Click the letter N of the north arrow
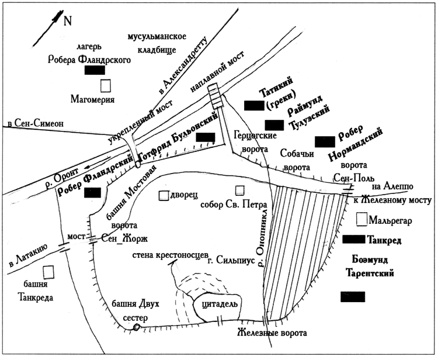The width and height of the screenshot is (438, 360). coord(68,21)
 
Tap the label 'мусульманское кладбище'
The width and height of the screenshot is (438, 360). coord(152,44)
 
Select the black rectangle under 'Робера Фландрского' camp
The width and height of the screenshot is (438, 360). coord(95,71)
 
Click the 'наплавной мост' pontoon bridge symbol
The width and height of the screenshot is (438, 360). coord(217,96)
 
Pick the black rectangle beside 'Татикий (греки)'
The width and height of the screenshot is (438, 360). coord(254,105)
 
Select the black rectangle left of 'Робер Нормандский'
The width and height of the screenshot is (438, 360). coord(325,141)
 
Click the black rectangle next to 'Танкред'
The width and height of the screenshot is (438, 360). coord(353,238)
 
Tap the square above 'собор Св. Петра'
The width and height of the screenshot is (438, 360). coord(239,191)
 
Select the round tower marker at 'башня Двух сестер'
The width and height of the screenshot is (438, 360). coord(136,327)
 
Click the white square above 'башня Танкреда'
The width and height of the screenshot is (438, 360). coord(50,272)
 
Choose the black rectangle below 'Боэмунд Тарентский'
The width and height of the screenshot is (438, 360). coord(353,297)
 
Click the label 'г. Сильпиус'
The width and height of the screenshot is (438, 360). coord(232,262)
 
